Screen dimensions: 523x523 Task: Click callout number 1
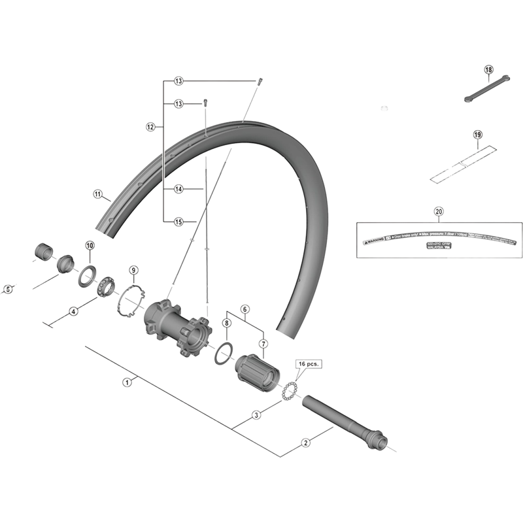point(127,382)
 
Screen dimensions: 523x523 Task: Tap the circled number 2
point(305,443)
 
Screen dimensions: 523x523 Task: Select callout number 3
point(257,414)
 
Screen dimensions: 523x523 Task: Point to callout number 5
point(8,289)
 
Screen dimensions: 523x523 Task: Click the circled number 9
point(133,269)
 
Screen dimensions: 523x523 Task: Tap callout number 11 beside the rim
point(97,194)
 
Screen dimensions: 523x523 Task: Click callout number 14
point(178,189)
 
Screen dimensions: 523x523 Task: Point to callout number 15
point(178,222)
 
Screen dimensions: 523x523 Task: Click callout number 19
point(477,135)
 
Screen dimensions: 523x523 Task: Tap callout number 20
point(438,211)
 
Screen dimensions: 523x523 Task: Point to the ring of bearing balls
point(289,394)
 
